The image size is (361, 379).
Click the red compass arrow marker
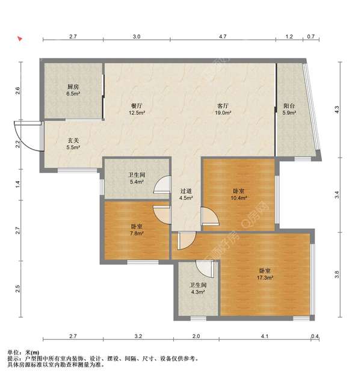pos(20,39)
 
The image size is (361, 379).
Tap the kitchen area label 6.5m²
pos(73,93)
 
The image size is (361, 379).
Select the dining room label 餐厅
pos(137,106)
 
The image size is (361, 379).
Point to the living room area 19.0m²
pos(223,112)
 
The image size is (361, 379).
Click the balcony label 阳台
pos(289,106)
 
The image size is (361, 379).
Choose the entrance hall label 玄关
pos(73,140)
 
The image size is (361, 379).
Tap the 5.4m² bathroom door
pos(162,185)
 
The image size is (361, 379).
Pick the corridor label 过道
pos(186,191)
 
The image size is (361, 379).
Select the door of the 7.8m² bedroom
pos(162,215)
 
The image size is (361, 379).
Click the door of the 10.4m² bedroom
pos(210,217)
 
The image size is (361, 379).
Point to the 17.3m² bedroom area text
pos(265,278)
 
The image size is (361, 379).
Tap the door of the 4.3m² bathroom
pos(205,269)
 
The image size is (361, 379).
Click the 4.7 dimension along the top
pos(223,37)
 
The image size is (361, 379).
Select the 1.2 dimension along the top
pos(289,37)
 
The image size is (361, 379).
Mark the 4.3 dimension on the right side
pos(337,109)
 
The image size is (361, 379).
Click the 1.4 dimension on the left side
pos(17,185)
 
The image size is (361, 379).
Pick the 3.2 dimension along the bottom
pos(138,336)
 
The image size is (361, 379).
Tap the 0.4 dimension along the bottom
pos(315,336)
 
